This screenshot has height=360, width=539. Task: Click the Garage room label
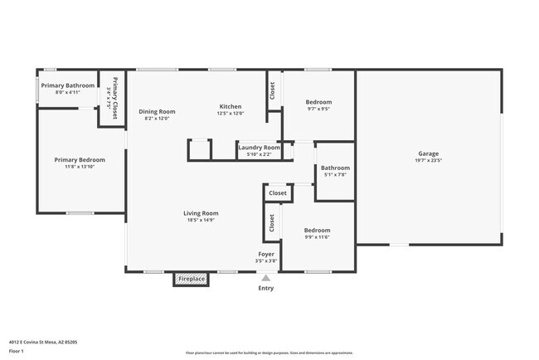[x=428, y=153]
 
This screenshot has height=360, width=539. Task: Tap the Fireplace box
[x=191, y=279]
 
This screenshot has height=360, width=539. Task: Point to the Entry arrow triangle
[x=265, y=278]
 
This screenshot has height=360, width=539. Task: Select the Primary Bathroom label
[x=68, y=85]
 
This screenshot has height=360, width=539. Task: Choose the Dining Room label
[x=157, y=111]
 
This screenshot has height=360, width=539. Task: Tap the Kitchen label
[x=230, y=106]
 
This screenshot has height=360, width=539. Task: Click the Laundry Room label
[x=255, y=148]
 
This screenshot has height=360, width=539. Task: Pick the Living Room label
[x=201, y=213]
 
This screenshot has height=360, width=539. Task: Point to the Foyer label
[x=265, y=254]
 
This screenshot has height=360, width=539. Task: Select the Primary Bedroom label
[x=80, y=159]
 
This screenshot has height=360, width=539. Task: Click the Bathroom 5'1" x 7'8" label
[x=335, y=168]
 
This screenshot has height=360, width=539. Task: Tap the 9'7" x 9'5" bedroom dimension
[x=318, y=109]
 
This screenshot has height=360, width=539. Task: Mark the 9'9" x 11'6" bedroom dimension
[x=317, y=237]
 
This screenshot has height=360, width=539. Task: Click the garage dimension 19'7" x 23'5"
[x=428, y=160]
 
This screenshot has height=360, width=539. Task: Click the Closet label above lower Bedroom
[x=278, y=193]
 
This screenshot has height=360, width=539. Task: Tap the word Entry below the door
[x=265, y=288]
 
